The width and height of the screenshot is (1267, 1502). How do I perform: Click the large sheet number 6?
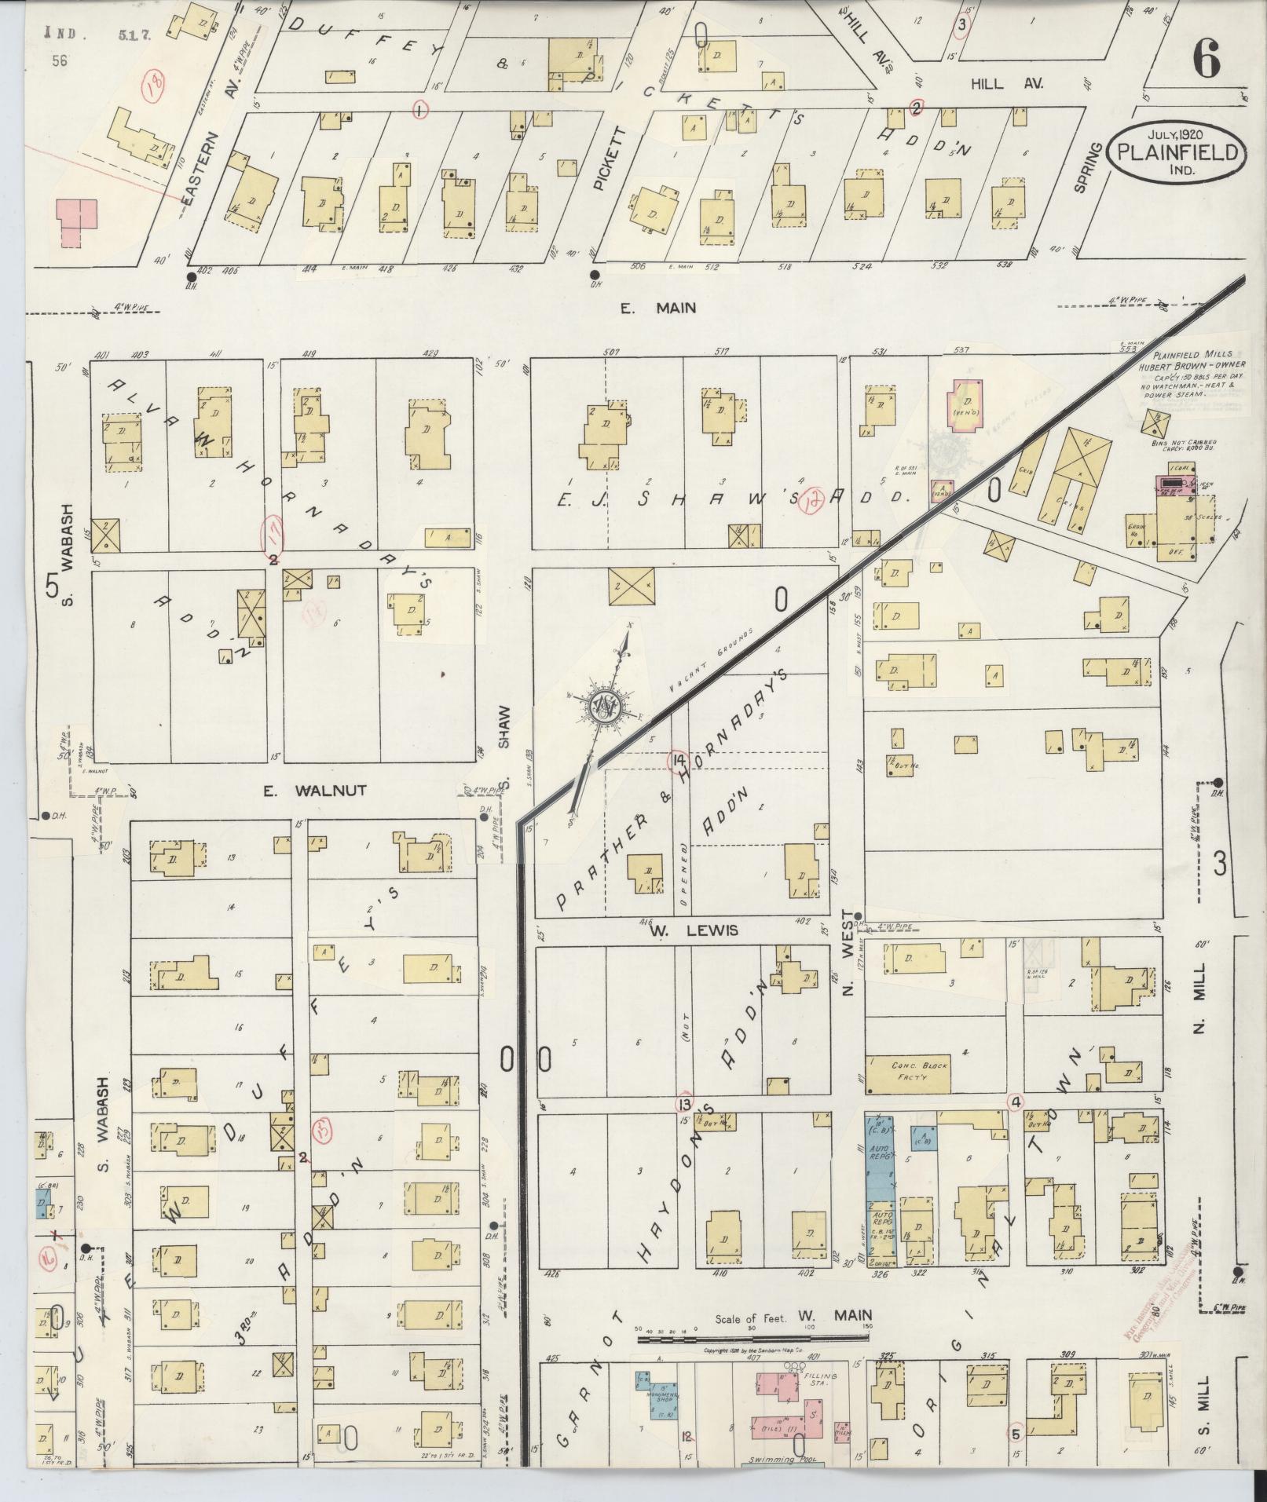(x=1206, y=60)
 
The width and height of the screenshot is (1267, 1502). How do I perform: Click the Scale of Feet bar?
(x=754, y=1339)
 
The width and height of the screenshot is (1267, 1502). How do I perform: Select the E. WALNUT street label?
(x=314, y=791)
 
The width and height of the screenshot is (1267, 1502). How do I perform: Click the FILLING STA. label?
(x=820, y=1381)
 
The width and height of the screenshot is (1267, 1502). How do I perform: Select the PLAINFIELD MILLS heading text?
(x=1184, y=355)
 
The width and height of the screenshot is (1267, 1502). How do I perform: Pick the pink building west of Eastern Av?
(x=76, y=223)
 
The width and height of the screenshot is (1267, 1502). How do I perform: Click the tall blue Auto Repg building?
(x=881, y=1178)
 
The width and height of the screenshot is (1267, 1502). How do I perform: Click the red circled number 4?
(x=1016, y=1102)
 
